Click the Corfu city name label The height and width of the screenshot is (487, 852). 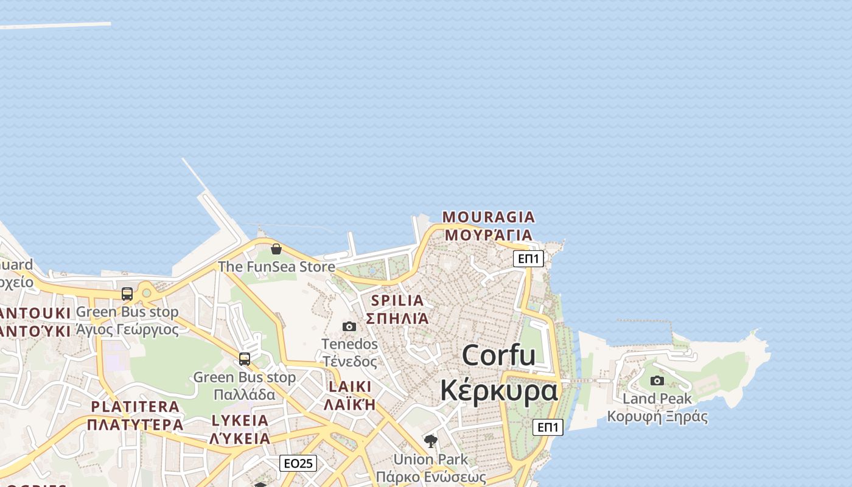pos(499,355)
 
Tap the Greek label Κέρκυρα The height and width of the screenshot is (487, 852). pos(498,390)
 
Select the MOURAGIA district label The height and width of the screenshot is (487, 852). pos(489,217)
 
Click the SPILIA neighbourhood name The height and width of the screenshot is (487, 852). pos(397,300)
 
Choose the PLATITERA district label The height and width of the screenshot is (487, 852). pos(135,407)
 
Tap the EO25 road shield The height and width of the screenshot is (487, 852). pos(298,463)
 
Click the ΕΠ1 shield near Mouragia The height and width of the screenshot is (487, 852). pos(528,259)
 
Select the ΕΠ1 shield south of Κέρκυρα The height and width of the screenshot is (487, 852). pos(548,427)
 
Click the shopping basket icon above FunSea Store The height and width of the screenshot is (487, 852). pos(276,249)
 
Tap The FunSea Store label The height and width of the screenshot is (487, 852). pos(276,267)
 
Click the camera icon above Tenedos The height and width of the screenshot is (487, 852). pos(349,327)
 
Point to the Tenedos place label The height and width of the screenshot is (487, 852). pos(349,345)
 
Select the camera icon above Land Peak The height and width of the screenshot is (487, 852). pos(657,381)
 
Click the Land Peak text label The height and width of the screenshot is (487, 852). pos(657,399)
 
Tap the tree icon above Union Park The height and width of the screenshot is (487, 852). pos(431,441)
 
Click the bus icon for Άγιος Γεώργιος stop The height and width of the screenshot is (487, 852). pos(127,294)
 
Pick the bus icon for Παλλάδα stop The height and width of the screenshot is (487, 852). pos(245,359)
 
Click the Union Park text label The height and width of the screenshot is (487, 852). pos(431,459)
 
